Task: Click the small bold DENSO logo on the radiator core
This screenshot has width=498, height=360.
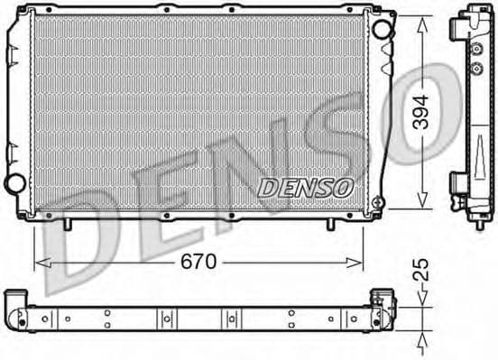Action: [x=306, y=188]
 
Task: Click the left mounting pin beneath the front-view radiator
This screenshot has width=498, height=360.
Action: [x=68, y=222]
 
